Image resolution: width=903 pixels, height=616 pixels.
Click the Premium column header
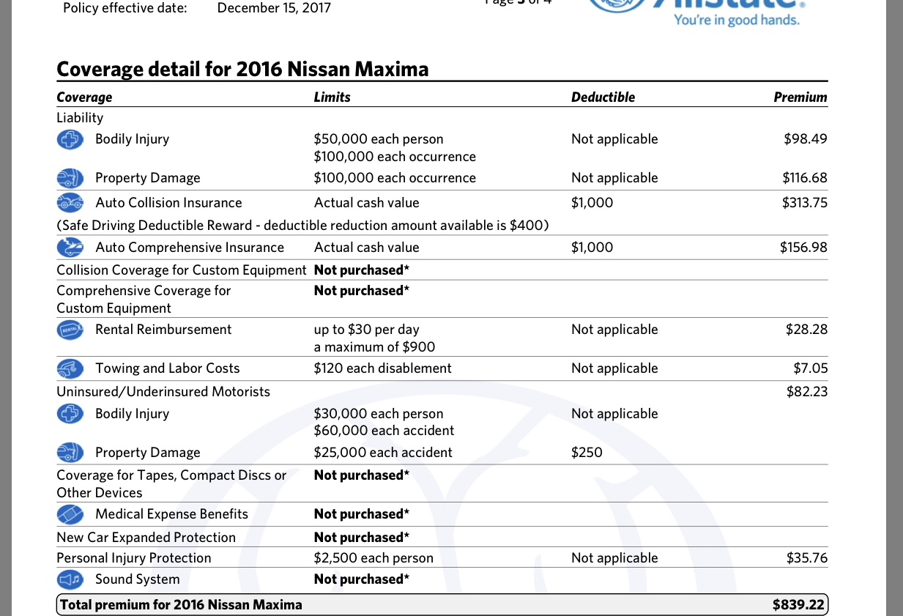coord(800,97)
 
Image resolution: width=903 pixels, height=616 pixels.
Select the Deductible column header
coord(603,97)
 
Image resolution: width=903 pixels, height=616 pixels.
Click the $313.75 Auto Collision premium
coord(804,203)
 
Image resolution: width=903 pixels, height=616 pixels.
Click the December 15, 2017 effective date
coord(274,8)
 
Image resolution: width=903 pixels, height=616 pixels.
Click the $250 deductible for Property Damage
coord(587,453)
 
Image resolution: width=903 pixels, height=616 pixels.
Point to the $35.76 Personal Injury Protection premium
coord(807,558)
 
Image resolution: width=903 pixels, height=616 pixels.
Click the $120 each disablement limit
coord(382,368)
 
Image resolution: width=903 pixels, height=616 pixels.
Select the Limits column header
coord(332,97)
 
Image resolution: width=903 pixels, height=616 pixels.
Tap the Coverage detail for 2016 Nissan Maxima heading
coord(242,70)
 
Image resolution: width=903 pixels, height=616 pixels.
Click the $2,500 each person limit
coord(374,558)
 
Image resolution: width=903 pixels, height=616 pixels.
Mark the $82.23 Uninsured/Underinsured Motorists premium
coord(807,392)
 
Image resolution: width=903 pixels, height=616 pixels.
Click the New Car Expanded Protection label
coord(146,538)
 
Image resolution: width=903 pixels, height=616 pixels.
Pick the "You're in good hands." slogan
coord(737,20)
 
